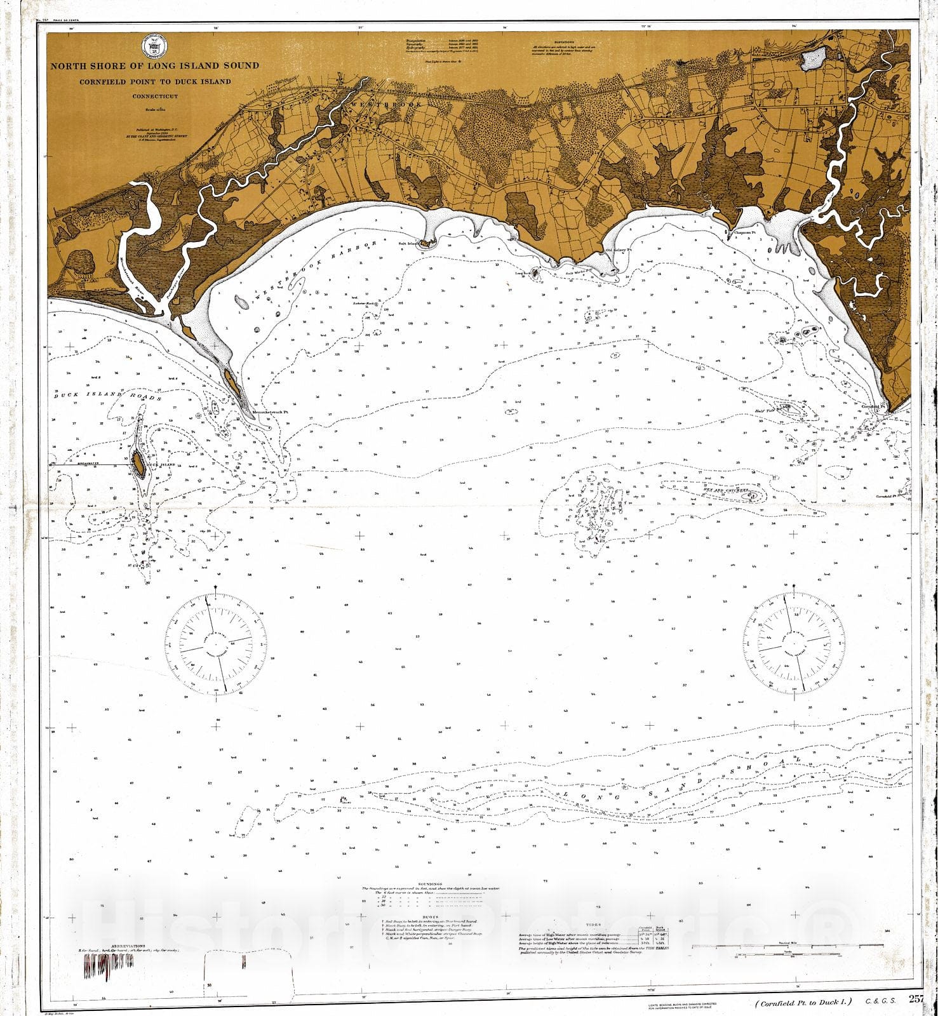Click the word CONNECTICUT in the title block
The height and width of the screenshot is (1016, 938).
click(x=155, y=97)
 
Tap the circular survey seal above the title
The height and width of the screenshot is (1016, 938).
click(x=154, y=48)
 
